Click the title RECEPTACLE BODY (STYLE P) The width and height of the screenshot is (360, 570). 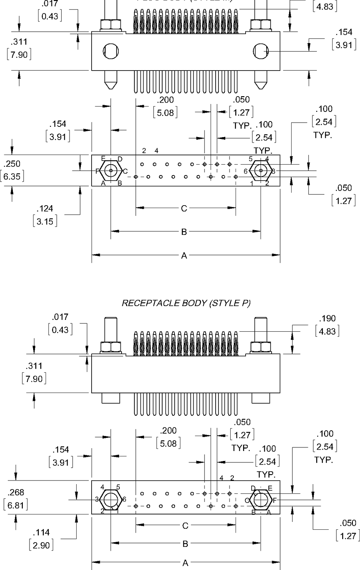tap(186, 303)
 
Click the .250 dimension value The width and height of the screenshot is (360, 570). tap(12, 164)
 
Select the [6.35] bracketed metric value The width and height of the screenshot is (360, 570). tap(12, 176)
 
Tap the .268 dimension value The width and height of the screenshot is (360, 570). tap(16, 492)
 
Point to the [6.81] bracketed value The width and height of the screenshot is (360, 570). tap(16, 505)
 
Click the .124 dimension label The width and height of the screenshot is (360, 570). tap(45, 209)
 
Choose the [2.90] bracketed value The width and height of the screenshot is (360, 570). tap(41, 545)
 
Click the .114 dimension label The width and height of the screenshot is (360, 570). tap(41, 533)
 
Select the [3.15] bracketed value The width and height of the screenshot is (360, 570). tap(45, 222)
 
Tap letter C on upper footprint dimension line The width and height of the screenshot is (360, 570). tap(184, 208)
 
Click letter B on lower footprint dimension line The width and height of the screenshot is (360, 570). tap(185, 544)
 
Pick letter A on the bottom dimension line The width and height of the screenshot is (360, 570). tap(185, 563)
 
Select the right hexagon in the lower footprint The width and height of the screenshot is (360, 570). tap(261, 500)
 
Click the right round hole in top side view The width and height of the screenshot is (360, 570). tap(261, 51)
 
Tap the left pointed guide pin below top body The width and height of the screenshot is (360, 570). tap(111, 80)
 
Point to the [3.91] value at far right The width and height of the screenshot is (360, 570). tap(344, 45)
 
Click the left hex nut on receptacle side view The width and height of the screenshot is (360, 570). tap(111, 347)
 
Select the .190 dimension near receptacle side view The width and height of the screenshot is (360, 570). tap(327, 318)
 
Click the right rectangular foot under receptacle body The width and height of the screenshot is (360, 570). tap(261, 398)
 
